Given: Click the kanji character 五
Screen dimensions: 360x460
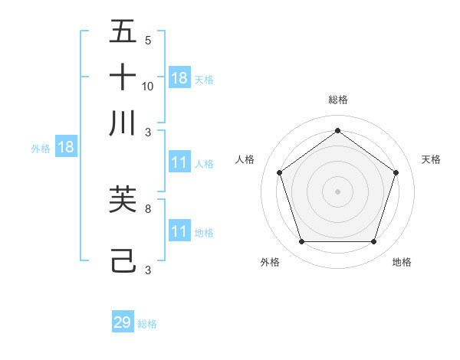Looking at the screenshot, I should (123, 32).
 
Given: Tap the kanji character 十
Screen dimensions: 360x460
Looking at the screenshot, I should (123, 77).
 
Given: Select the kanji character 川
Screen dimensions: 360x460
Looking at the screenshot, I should (123, 123).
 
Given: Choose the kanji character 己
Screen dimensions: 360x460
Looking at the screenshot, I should (123, 261).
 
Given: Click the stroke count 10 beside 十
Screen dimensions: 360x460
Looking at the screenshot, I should (148, 86).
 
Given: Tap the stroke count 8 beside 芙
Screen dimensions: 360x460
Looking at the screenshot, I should (148, 208).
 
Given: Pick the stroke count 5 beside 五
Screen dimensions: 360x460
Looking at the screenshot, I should (148, 41).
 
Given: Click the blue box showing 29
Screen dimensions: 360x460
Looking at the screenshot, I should (123, 322).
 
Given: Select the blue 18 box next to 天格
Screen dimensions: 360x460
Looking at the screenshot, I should (179, 78).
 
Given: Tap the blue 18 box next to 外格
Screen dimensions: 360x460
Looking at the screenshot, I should (66, 148).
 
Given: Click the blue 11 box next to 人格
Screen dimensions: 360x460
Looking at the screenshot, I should (179, 162).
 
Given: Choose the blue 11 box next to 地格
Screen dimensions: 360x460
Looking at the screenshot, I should (179, 231).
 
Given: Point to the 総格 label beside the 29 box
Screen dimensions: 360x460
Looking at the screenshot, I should (147, 324).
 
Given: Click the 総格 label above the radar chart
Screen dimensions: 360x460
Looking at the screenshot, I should (337, 100).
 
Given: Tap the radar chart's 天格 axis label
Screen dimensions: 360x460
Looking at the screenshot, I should (431, 159).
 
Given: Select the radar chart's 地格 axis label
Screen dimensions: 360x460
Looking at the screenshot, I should (402, 262).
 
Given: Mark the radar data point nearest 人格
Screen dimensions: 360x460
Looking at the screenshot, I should (279, 172).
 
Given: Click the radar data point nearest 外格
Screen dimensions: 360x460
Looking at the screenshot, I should (301, 242).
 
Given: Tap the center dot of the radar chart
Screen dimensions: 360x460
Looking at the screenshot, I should (337, 191).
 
